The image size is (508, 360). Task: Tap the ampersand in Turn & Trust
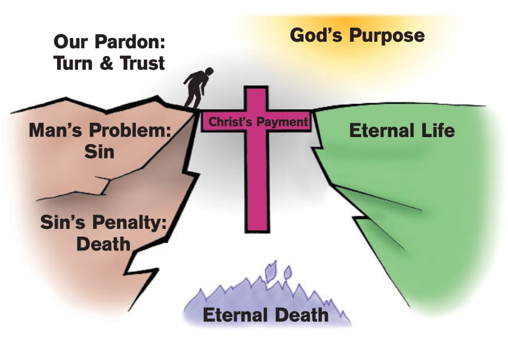(106, 63)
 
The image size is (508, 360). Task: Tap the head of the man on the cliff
(209, 71)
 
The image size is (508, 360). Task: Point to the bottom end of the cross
(258, 231)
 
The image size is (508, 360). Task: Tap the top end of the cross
(256, 88)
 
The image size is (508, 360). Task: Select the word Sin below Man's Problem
(100, 151)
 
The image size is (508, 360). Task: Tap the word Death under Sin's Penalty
(103, 244)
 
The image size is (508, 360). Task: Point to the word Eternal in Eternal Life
(382, 131)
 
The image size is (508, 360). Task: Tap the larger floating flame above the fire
(271, 271)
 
